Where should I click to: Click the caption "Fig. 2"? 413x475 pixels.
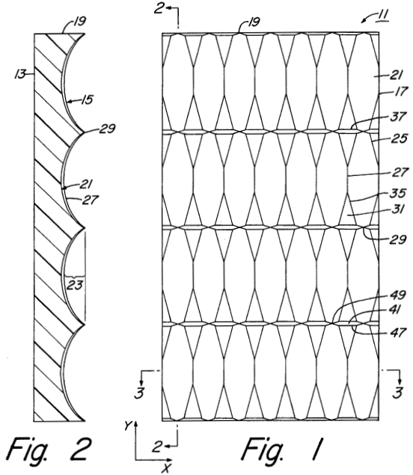pyautogui.click(x=49, y=450)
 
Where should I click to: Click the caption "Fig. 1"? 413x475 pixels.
pyautogui.click(x=283, y=450)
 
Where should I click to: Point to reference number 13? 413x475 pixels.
pyautogui.click(x=20, y=73)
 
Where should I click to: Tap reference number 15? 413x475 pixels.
pyautogui.click(x=88, y=99)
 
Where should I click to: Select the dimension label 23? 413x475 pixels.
pyautogui.click(x=75, y=285)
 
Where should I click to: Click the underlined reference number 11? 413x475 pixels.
pyautogui.click(x=382, y=15)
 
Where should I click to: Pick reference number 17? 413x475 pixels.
pyautogui.click(x=400, y=91)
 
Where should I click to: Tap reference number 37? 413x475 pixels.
pyautogui.click(x=397, y=117)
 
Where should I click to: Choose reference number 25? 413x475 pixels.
pyautogui.click(x=399, y=138)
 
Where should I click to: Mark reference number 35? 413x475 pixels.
pyautogui.click(x=398, y=193)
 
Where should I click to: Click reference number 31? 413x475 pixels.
pyautogui.click(x=398, y=209)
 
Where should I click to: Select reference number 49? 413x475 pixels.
pyautogui.click(x=397, y=295)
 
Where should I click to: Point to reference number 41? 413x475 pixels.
pyautogui.click(x=395, y=310)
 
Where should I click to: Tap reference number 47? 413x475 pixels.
pyautogui.click(x=397, y=332)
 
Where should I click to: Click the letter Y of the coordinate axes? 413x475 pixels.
pyautogui.click(x=128, y=426)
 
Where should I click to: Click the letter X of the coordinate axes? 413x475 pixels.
pyautogui.click(x=166, y=468)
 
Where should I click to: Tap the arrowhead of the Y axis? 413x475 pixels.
pyautogui.click(x=136, y=423)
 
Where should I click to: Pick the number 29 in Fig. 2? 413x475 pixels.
pyautogui.click(x=107, y=129)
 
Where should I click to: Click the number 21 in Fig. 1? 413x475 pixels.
pyautogui.click(x=396, y=75)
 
